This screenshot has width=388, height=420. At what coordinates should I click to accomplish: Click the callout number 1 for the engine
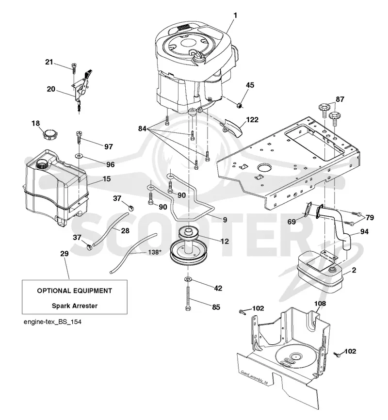pos(235,16)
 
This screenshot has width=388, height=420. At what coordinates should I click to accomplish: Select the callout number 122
pos(252,119)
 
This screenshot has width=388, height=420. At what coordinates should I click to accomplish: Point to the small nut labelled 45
pos(240,105)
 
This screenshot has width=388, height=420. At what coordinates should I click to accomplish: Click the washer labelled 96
pos(79,155)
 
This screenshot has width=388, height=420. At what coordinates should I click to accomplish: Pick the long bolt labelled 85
pos(188,298)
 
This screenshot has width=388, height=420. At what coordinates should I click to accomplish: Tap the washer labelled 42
pos(188,279)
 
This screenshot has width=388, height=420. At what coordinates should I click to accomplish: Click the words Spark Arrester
pos(75,306)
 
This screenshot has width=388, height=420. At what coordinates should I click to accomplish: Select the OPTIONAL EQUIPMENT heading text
pos(75,291)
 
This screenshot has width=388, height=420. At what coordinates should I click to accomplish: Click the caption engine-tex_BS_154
pos(52,322)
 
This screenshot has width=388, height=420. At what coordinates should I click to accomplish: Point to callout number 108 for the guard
pos(320,304)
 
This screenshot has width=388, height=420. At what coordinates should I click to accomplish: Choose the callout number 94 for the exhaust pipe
pos(364,231)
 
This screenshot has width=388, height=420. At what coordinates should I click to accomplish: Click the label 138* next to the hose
pos(154,252)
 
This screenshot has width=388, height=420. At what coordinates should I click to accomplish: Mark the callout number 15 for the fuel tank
pos(107,178)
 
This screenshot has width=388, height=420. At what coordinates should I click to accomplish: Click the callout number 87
pos(340,99)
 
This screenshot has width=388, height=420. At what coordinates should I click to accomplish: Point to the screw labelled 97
pos(79,137)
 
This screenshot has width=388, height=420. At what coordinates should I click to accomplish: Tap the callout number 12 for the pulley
pos(225,242)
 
